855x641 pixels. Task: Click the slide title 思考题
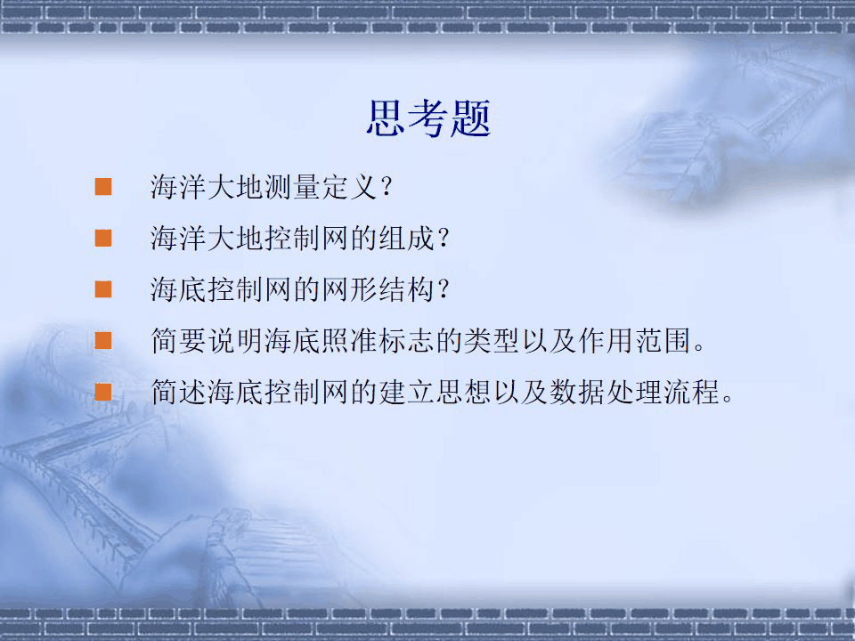coord(428,119)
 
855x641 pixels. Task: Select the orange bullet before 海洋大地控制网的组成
coord(104,238)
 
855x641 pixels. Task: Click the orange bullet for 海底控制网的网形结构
coord(104,288)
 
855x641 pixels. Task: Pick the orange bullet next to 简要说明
coord(104,340)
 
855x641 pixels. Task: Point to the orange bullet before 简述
coord(104,391)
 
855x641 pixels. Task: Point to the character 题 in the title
coord(470,119)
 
